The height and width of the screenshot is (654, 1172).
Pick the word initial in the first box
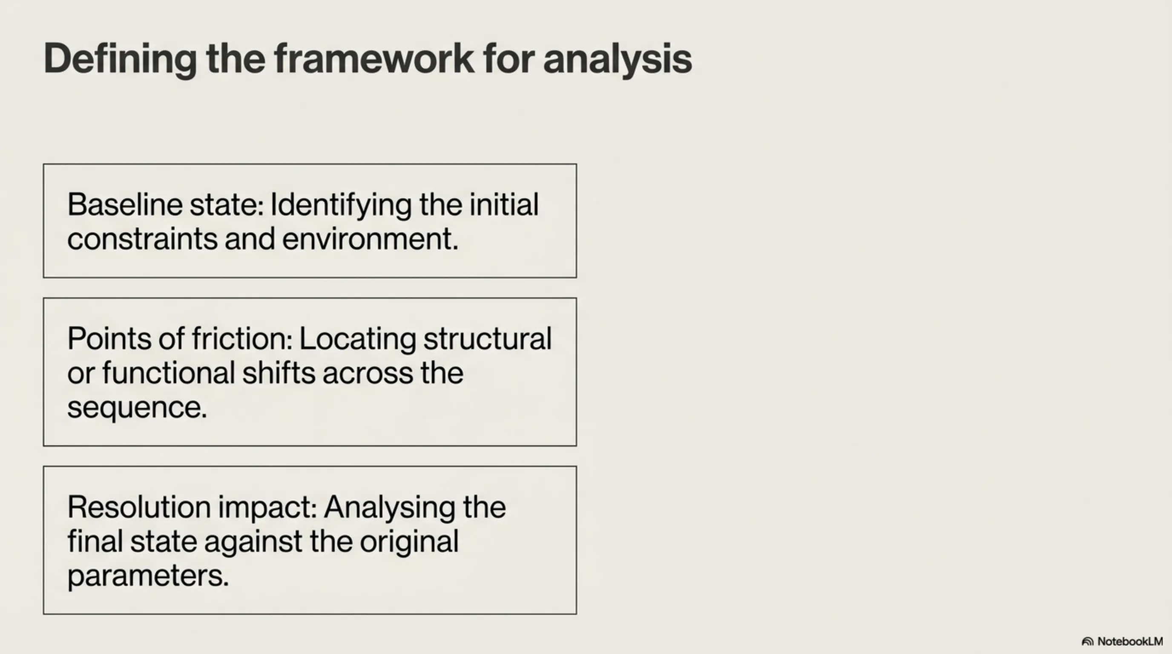coord(504,204)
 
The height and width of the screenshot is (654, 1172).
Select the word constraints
coord(142,239)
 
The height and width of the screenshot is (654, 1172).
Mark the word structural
coord(487,339)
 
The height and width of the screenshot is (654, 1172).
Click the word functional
coord(169,373)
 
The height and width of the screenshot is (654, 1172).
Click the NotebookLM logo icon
coord(1087,642)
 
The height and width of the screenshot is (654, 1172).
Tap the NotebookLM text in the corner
coord(1130,641)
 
